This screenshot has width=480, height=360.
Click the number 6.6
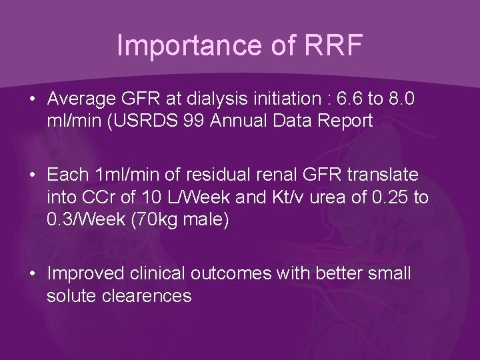pos(351,99)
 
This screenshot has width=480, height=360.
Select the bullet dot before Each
pos(32,175)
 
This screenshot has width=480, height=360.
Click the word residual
pos(211,175)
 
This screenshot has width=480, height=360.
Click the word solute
pos(70,295)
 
